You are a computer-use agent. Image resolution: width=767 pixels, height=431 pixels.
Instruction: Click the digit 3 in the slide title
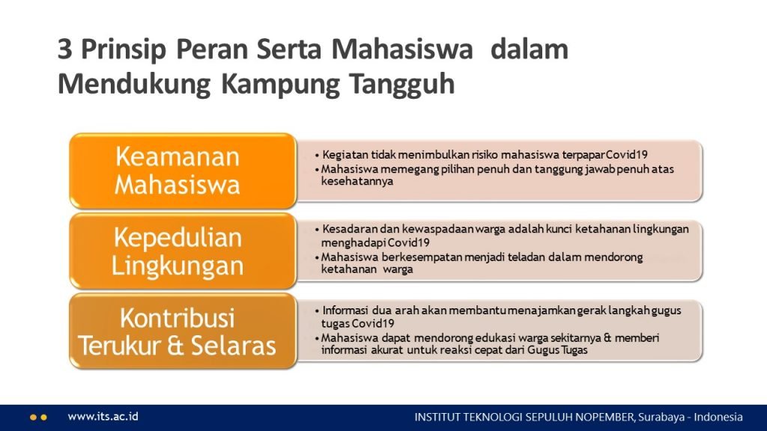(64, 49)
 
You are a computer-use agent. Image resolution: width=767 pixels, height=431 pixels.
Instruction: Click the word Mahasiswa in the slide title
(402, 49)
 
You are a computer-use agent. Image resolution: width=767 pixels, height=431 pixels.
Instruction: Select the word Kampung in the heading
(280, 84)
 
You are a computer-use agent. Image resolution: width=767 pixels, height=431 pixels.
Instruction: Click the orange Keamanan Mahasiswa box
(183, 171)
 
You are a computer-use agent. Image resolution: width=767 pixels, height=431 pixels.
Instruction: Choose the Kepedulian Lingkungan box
(183, 251)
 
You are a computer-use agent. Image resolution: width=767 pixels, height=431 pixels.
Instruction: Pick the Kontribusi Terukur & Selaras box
(183, 331)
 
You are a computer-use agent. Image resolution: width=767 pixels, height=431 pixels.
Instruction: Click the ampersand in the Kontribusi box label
(175, 346)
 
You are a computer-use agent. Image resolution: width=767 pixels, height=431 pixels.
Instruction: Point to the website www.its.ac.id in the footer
(103, 417)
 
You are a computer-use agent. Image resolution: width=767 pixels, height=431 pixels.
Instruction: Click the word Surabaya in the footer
(660, 418)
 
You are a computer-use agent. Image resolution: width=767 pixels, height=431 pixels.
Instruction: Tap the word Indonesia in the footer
(718, 418)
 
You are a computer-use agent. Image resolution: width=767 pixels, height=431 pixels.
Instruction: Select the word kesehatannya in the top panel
(357, 181)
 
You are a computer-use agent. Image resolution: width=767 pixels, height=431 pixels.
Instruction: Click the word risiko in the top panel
(485, 155)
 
